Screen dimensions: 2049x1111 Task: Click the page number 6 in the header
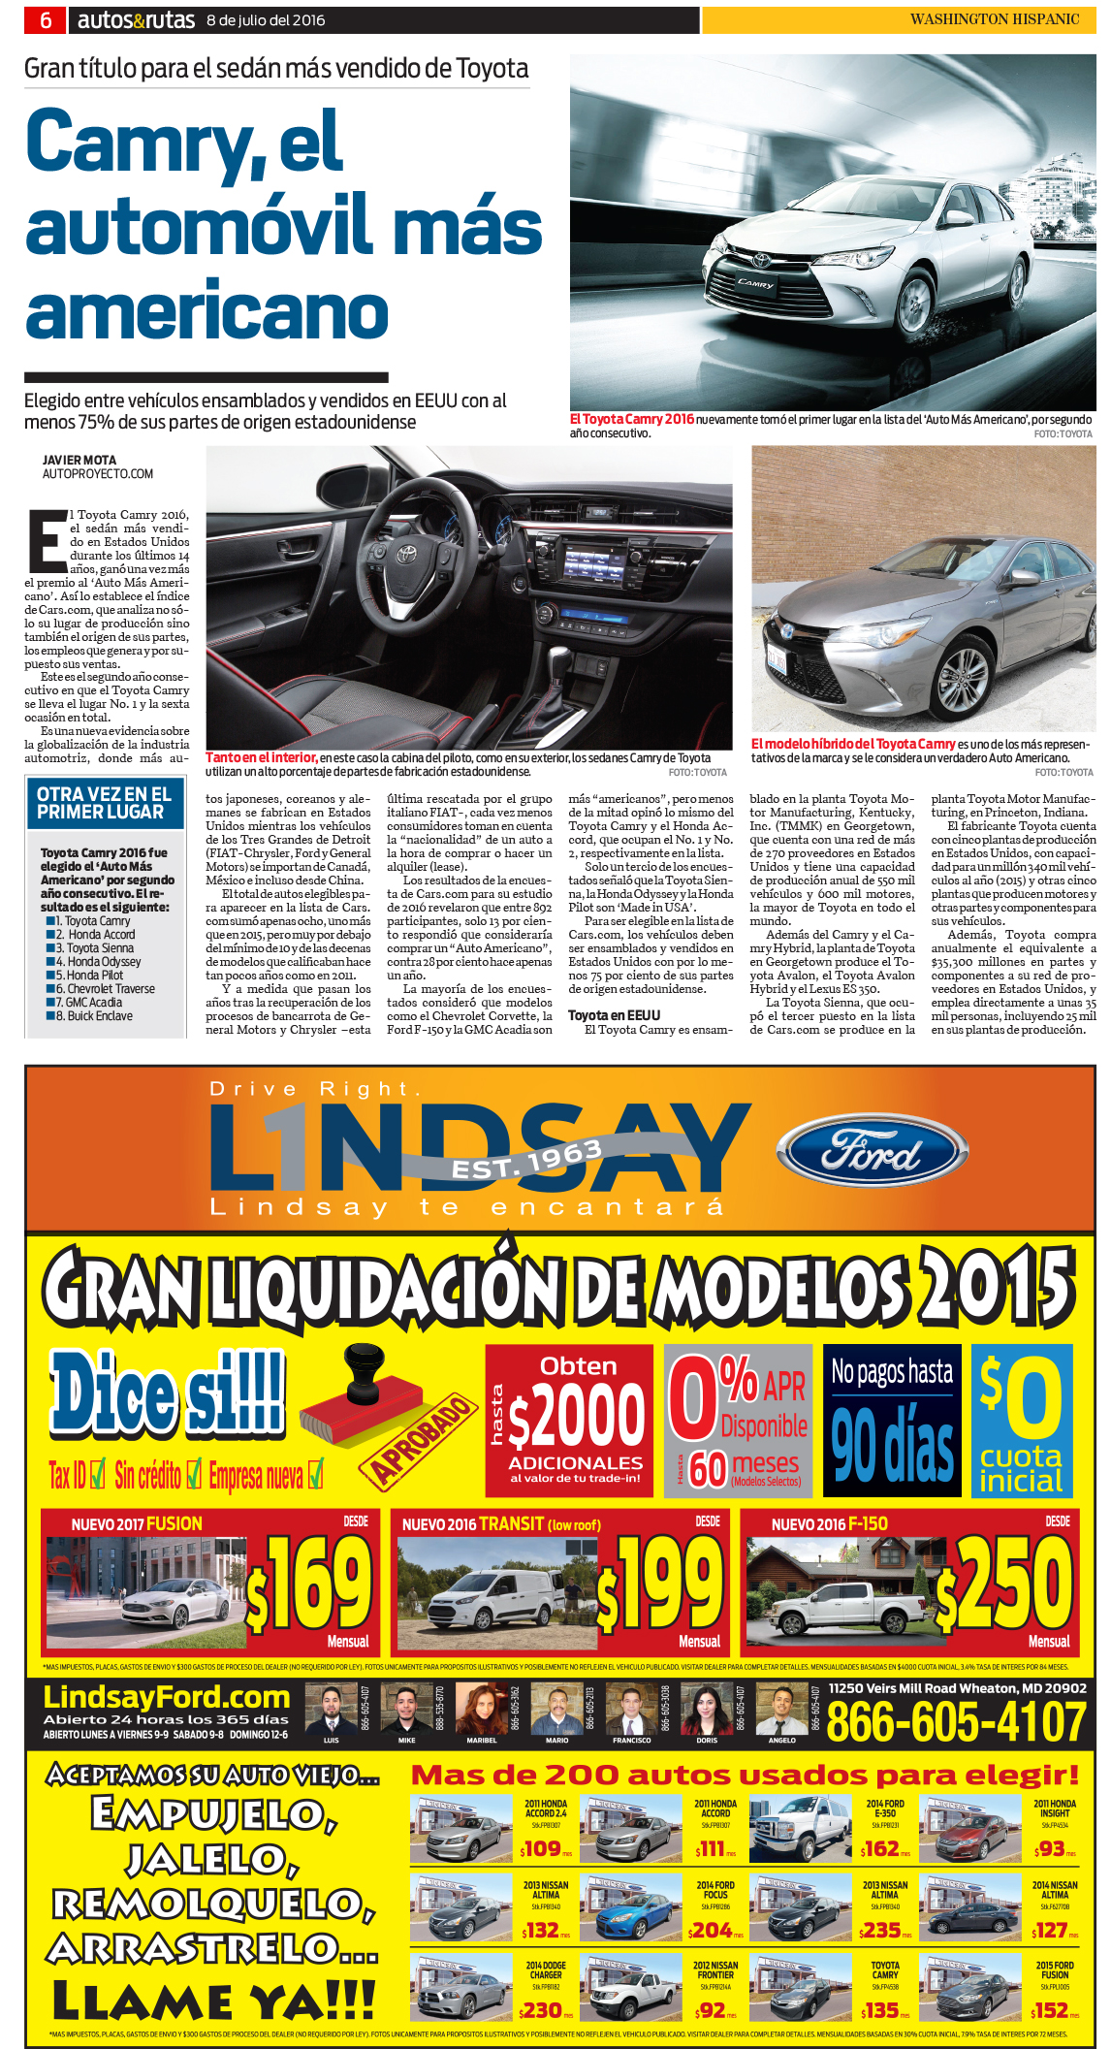coord(45,19)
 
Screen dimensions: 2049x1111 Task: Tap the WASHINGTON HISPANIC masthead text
coord(994,19)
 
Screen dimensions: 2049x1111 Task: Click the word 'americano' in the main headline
coord(206,311)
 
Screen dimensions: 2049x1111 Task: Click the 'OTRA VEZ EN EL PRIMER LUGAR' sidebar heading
coord(104,803)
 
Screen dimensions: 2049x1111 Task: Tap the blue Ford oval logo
coord(872,1153)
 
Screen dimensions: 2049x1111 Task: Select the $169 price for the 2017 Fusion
coord(311,1585)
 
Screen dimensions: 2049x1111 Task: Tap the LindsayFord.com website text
coord(167,1697)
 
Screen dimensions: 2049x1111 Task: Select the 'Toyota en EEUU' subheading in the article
coord(614,1015)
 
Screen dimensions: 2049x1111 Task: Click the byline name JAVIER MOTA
coord(79,461)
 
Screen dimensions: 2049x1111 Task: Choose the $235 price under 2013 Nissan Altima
coord(881,1931)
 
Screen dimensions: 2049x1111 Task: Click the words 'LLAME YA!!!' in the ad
coord(213,2001)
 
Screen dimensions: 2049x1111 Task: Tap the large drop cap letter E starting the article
coord(47,540)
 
